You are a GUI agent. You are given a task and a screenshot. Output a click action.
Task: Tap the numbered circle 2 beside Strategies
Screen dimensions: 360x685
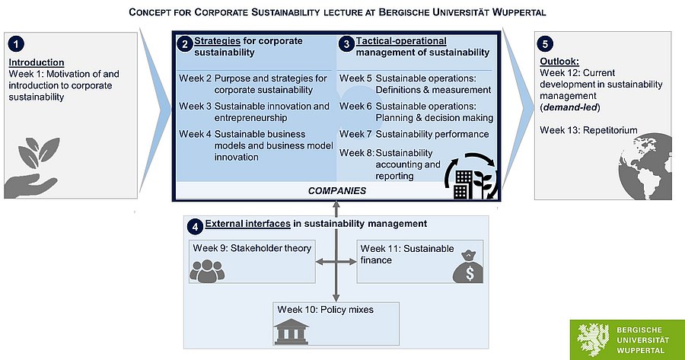(184, 44)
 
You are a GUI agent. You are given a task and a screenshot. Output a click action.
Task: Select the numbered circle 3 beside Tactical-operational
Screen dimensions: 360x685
(347, 44)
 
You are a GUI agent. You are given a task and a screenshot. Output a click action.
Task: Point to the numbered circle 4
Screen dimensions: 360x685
(196, 226)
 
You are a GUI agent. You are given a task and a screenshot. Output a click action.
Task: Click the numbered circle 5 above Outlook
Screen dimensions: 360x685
(544, 44)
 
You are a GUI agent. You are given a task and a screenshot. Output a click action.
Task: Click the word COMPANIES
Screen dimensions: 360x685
(336, 190)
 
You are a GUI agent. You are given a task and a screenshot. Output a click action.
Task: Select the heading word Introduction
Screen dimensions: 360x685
(36, 62)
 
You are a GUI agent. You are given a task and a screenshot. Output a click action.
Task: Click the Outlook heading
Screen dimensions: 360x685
(559, 62)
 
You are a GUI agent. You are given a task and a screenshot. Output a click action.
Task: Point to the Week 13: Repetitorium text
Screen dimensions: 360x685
(588, 130)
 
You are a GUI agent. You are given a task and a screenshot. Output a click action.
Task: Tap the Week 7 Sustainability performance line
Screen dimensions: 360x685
(414, 135)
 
